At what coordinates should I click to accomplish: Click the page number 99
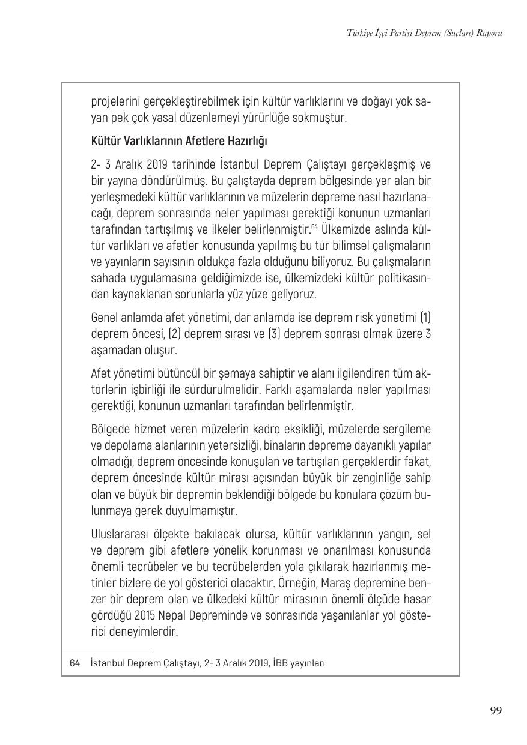click(x=496, y=711)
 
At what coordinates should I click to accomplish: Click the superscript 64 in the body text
click(x=314, y=226)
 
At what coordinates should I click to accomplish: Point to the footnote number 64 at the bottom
click(x=75, y=663)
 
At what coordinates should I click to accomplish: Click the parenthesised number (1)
click(x=425, y=316)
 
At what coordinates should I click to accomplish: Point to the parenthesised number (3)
click(x=260, y=333)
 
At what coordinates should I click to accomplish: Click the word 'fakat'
click(x=416, y=462)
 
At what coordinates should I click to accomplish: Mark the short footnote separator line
click(x=107, y=653)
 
